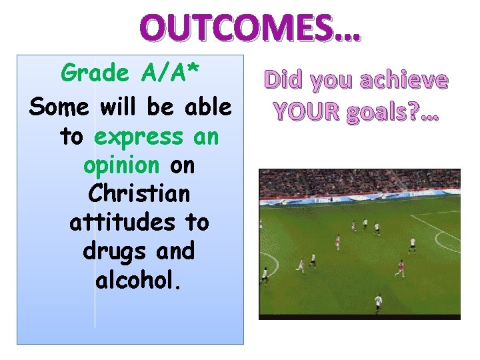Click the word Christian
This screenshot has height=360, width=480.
pos(139,194)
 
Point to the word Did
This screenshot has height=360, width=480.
pos(285,81)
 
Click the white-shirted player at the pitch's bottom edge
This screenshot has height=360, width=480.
pos(379,301)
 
